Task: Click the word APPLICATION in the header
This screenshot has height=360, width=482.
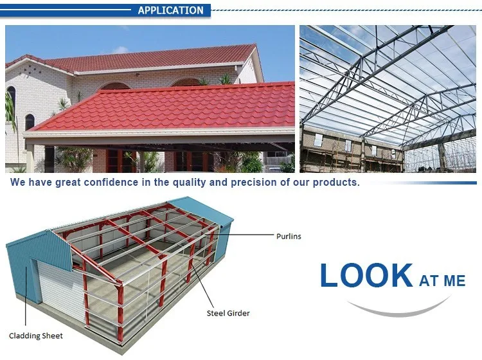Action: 170,10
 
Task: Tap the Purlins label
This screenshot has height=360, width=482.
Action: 289,236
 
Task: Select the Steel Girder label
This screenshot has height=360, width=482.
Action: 228,313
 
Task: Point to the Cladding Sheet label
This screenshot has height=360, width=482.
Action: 35,336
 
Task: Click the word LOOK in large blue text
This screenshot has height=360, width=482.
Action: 366,275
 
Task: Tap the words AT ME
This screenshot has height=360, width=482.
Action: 442,281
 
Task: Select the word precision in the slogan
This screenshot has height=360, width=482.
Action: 254,183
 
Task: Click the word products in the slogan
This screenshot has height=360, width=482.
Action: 336,183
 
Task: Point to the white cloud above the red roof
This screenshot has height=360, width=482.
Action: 121,50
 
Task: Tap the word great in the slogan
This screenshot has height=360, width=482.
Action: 67,183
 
